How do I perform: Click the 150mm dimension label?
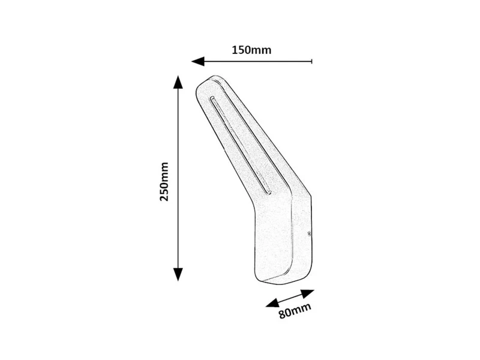coord(251,50)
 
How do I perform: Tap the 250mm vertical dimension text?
coord(164,182)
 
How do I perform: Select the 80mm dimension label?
coord(295,310)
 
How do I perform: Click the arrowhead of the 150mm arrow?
coord(198,62)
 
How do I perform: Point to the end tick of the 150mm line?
coord(311,62)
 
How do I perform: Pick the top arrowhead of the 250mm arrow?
coord(178,82)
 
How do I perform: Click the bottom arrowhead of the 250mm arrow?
coord(178,274)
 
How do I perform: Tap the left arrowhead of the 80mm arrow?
coord(272,303)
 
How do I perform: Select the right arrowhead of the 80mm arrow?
coord(308,293)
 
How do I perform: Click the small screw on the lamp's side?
coord(309,234)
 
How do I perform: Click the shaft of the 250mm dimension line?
coord(178,178)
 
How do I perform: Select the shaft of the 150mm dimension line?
coord(258,62)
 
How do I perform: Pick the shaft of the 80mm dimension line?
coord(290,298)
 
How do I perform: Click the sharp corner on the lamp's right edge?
coord(311,196)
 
